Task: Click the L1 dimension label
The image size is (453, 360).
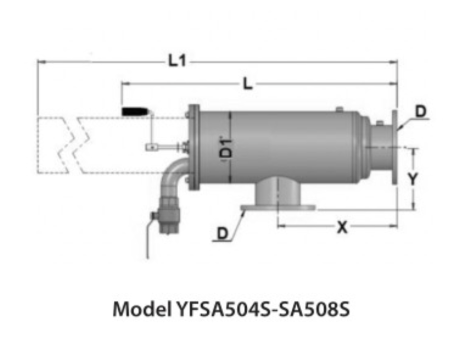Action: pos(177,61)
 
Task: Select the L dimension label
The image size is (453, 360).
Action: pos(248,84)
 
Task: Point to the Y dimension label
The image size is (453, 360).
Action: pos(413,179)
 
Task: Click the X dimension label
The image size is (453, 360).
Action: pos(343,227)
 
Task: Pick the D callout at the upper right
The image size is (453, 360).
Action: pos(421,112)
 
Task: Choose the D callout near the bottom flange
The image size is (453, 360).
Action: pos(222,233)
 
